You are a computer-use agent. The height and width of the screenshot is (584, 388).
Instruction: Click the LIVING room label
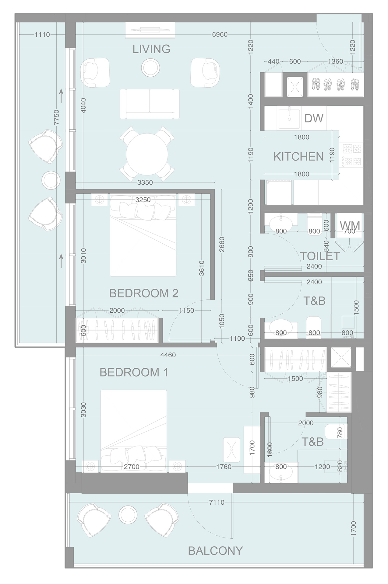pyautogui.click(x=151, y=49)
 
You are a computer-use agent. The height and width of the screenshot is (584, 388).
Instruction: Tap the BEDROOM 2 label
pyautogui.click(x=143, y=294)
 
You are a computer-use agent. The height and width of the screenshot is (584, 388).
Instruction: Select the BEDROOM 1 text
pyautogui.click(x=134, y=372)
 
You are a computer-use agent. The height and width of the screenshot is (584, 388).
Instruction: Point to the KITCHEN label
pyautogui.click(x=298, y=157)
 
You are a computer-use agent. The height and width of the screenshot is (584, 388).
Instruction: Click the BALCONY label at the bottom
pyautogui.click(x=215, y=551)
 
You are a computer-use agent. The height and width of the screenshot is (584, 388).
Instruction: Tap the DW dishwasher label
pyautogui.click(x=314, y=118)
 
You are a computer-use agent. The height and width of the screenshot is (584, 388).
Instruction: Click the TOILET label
pyautogui.click(x=320, y=256)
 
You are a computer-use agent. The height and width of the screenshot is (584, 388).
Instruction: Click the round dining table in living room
pyautogui.click(x=147, y=154)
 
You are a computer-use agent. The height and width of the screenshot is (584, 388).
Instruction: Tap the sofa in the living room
pyautogui.click(x=149, y=104)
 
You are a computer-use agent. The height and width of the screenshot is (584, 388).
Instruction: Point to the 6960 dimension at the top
pyautogui.click(x=220, y=35)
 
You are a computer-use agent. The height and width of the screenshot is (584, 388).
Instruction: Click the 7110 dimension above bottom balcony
pyautogui.click(x=217, y=502)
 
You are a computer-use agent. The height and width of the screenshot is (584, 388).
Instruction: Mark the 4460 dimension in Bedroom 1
pyautogui.click(x=168, y=355)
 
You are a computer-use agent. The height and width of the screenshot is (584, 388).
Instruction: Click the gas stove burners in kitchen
pyautogui.click(x=352, y=155)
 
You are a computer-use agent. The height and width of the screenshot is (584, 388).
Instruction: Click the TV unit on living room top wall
pyautogui.click(x=150, y=31)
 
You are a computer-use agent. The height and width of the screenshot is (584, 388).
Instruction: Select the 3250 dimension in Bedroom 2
pyautogui.click(x=143, y=200)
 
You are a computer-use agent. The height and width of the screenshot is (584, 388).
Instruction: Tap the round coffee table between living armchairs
pyautogui.click(x=150, y=67)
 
